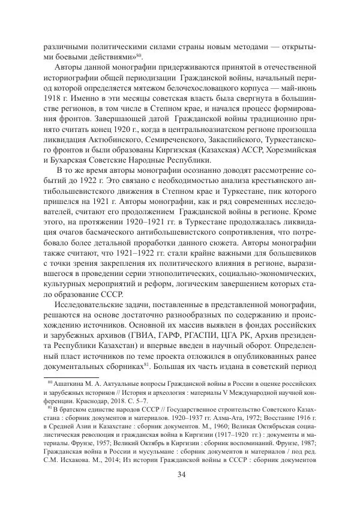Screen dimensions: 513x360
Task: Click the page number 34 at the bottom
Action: (x=180, y=476)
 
